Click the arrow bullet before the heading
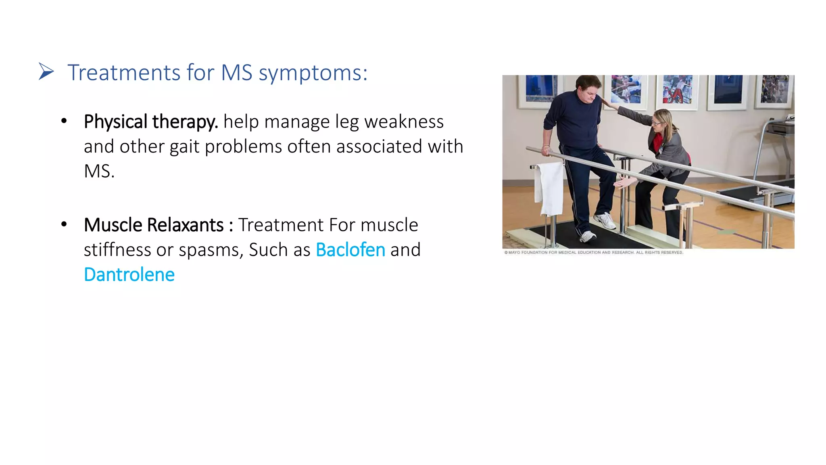click(x=46, y=71)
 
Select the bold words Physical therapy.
click(x=151, y=122)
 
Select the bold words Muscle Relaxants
click(x=153, y=225)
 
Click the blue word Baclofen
click(x=350, y=250)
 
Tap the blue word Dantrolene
click(x=129, y=275)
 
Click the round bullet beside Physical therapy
click(x=64, y=121)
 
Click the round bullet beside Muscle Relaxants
click(x=64, y=224)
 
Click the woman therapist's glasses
click(x=656, y=122)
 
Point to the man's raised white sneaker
click(x=604, y=221)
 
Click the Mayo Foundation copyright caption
click(x=593, y=253)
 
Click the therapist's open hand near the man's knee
click(x=624, y=183)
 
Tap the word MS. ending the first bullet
click(x=99, y=172)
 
